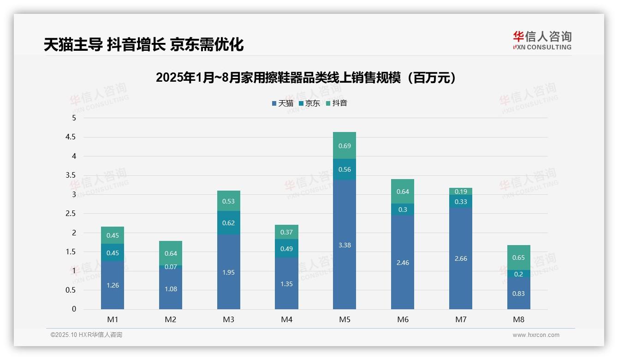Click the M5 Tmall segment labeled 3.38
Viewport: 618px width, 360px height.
click(x=345, y=245)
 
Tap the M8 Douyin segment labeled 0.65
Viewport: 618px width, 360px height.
click(x=518, y=257)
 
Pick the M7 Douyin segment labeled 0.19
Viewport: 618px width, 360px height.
click(x=460, y=192)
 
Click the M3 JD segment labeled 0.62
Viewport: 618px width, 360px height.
click(x=228, y=223)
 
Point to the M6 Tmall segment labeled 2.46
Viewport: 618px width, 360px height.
click(x=403, y=262)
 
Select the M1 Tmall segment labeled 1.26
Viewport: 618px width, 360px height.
click(x=113, y=285)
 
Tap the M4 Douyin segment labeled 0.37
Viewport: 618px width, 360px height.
click(x=286, y=232)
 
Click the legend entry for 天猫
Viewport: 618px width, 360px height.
click(x=283, y=103)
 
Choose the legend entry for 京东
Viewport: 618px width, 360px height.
click(x=309, y=103)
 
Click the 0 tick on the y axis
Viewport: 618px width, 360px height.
click(x=74, y=309)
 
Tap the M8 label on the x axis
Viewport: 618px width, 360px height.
click(x=518, y=319)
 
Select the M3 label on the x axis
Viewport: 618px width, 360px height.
click(x=228, y=319)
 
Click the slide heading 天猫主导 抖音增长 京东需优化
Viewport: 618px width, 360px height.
click(x=143, y=44)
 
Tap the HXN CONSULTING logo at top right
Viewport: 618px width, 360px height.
click(x=542, y=41)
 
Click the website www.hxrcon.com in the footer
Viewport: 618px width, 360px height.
click(x=536, y=335)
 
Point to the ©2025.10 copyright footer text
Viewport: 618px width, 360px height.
click(x=86, y=335)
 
